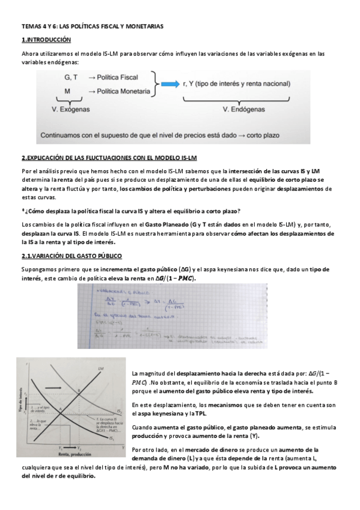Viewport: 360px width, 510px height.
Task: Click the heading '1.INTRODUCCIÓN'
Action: pos(46,40)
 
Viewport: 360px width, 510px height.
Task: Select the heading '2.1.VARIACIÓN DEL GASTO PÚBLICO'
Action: pos(72,256)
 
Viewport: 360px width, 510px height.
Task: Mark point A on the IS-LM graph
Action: pos(60,410)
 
